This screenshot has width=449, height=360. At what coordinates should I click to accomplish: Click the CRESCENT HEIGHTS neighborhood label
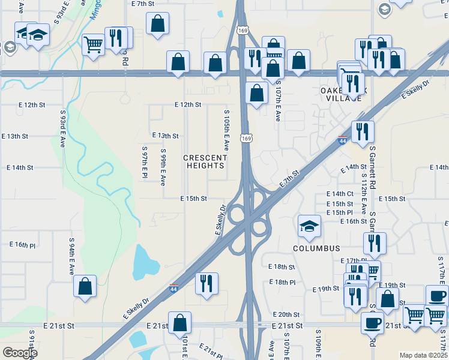(205, 161)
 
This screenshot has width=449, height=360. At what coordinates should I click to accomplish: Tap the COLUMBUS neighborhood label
(316, 248)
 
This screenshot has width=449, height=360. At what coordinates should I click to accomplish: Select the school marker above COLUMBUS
(309, 226)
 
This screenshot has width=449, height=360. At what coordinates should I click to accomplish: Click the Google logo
(20, 353)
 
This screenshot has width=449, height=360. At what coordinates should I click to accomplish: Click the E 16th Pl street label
(23, 245)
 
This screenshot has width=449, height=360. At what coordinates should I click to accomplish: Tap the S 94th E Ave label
(71, 257)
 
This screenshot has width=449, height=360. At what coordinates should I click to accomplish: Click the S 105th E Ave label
(226, 130)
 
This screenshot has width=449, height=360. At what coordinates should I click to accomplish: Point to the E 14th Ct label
(340, 194)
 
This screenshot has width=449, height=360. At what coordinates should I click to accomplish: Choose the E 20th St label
(286, 314)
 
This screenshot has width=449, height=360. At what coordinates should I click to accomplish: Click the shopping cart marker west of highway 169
(93, 45)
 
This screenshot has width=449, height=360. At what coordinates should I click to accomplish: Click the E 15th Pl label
(340, 212)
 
